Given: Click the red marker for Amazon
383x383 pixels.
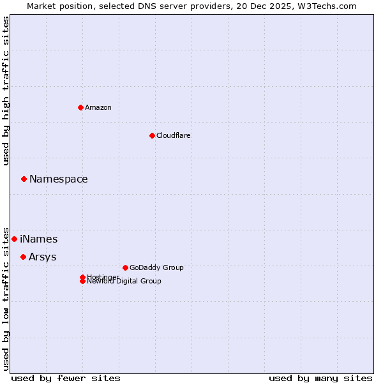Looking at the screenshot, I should tap(80, 107).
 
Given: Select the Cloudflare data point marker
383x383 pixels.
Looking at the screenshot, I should tap(152, 135).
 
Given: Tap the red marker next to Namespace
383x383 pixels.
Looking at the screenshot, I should tap(24, 179).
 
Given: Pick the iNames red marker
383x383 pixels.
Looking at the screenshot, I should tap(14, 239).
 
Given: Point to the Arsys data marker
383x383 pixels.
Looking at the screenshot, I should tap(23, 257).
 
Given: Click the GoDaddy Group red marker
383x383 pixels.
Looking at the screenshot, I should tap(125, 267).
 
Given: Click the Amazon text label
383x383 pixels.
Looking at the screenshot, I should tap(98, 107).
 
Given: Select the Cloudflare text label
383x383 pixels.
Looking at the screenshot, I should tap(173, 135).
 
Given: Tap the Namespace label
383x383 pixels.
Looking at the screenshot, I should tap(59, 179).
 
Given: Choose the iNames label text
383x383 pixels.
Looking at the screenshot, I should tap(39, 239).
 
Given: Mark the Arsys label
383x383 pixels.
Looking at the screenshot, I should tap(42, 257).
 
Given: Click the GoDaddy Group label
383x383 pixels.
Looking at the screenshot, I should tap(156, 267).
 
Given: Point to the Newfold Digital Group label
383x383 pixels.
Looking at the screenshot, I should tap(124, 282).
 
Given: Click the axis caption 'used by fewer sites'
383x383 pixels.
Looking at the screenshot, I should tap(66, 378).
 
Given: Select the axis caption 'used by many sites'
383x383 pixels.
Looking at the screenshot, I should tap(320, 378).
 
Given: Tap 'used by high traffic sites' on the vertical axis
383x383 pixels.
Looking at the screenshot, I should tap(6, 91).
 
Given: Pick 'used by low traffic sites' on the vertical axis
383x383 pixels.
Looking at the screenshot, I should tap(6, 298).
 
